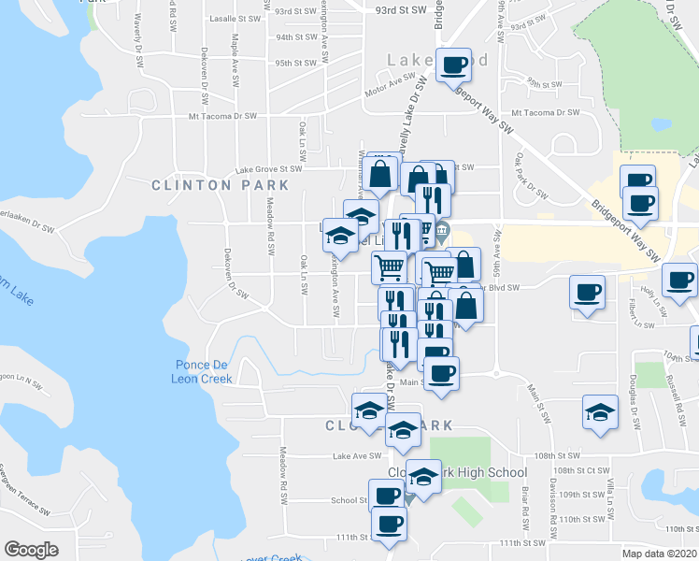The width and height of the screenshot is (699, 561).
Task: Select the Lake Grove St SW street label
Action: pos(269,170)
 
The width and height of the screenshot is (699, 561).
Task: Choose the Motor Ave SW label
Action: pos(390,90)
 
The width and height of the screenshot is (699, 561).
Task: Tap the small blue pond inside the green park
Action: pos(662,124)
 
